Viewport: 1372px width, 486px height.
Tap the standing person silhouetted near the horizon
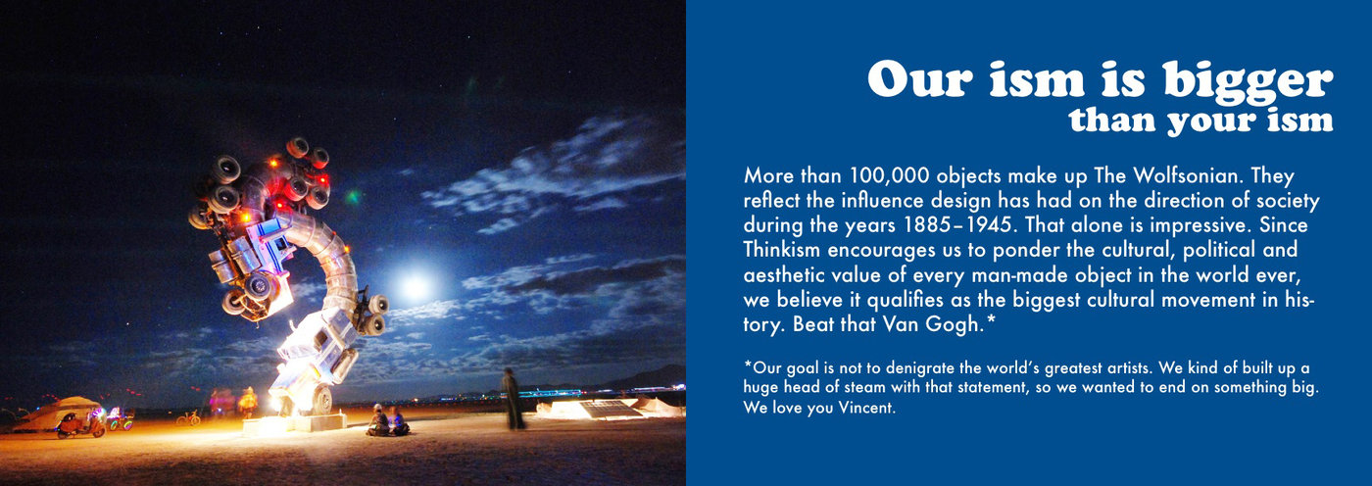[x=512, y=399]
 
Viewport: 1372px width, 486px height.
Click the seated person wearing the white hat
[x=378, y=420]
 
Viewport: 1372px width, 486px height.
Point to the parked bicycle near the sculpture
[x=188, y=418]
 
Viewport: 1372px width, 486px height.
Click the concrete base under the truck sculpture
[x=295, y=423]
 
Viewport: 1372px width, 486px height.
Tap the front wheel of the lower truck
[x=322, y=399]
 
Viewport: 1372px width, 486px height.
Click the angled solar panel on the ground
[x=610, y=409]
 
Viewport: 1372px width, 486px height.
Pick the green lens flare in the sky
[x=353, y=197]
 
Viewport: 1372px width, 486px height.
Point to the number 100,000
[x=890, y=176]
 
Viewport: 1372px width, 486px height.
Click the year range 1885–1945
[x=956, y=225]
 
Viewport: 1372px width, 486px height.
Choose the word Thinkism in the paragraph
[x=782, y=250]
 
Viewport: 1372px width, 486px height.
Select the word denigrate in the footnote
[x=922, y=368]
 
